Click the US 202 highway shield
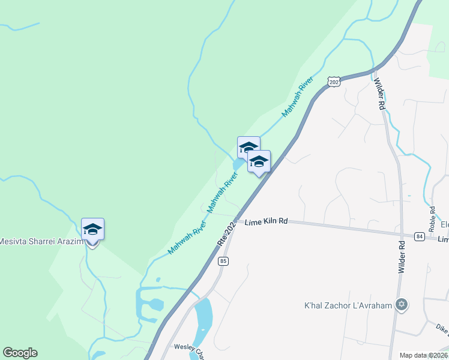point(334,82)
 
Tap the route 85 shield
point(223,261)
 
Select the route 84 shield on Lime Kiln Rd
point(419,236)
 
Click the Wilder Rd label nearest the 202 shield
point(379,94)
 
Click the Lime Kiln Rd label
point(267,221)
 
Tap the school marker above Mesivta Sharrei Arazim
point(92,229)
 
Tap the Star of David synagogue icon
point(402,305)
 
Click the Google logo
point(20,353)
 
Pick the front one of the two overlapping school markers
point(259,162)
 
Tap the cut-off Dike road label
point(442,328)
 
